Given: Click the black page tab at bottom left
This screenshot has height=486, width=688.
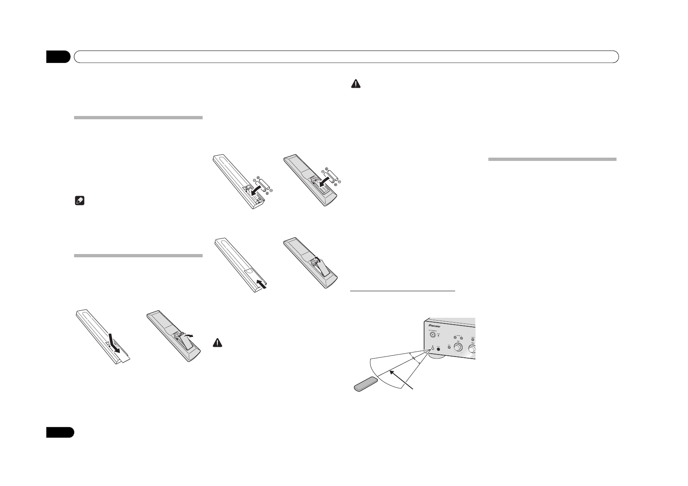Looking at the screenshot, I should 60,432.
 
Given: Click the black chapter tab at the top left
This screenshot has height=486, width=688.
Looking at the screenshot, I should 58,57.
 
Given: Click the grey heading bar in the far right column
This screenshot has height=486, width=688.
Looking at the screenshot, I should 552,159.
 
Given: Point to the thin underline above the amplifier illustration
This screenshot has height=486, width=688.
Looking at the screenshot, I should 403,291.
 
